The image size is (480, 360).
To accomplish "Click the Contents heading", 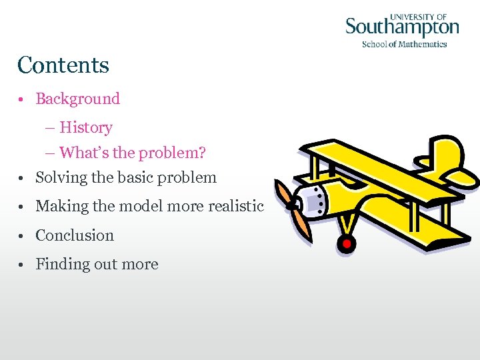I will (x=63, y=65).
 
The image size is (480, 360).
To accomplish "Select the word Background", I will (x=77, y=99).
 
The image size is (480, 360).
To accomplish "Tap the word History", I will (x=85, y=127).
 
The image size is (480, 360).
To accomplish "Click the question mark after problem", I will (x=202, y=153).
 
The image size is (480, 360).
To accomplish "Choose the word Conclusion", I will (x=75, y=235).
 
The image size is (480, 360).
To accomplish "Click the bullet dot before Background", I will (x=22, y=100).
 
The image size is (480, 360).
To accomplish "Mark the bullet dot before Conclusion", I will (x=22, y=236).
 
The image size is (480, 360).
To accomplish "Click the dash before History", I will (x=51, y=128).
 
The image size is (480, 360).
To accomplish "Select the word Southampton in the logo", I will (x=402, y=28).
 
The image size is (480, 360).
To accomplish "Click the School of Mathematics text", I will (x=404, y=44).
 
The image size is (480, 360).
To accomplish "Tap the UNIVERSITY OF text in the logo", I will (x=418, y=16).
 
